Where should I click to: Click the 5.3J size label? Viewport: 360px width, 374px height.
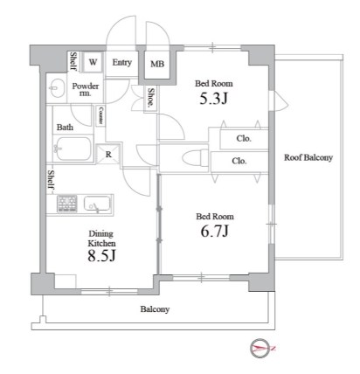click(x=213, y=98)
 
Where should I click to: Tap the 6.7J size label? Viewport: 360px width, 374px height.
click(x=213, y=231)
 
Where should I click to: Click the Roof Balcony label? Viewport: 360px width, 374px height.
click(x=307, y=158)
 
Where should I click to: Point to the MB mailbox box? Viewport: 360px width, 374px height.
click(x=157, y=64)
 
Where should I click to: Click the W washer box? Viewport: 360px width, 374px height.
click(x=92, y=62)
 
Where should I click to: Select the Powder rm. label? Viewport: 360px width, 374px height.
click(x=85, y=90)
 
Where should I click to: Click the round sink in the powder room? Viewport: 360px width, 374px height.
click(x=58, y=87)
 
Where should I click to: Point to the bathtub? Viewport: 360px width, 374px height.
click(x=73, y=150)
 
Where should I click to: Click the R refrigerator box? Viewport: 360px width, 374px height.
click(x=107, y=155)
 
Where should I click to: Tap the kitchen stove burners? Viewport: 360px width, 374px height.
click(x=68, y=204)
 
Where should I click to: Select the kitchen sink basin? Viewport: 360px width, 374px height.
click(x=96, y=204)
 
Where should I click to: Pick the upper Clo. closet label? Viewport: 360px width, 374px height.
click(x=245, y=139)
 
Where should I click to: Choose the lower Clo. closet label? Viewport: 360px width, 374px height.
click(x=239, y=161)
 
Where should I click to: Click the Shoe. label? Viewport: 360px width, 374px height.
click(x=151, y=98)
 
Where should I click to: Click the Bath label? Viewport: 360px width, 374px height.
click(x=66, y=128)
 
